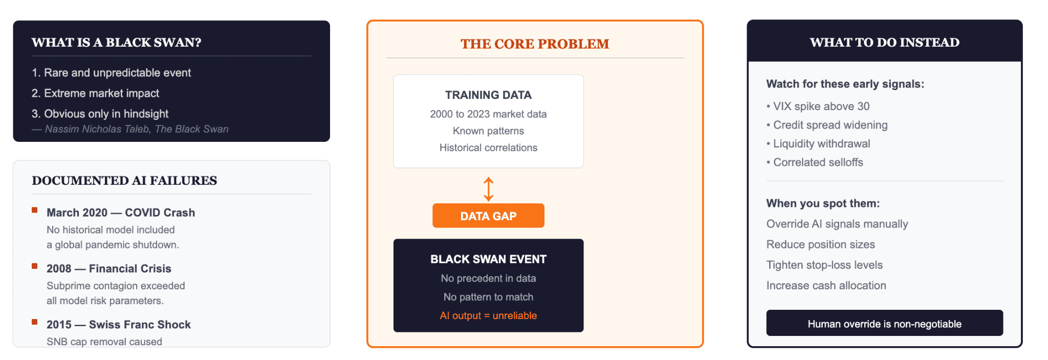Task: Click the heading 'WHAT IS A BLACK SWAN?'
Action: point(116,43)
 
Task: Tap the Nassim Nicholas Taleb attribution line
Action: point(130,129)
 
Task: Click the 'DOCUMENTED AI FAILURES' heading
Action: point(124,180)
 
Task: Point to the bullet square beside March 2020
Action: point(35,210)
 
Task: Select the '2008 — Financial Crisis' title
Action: point(109,268)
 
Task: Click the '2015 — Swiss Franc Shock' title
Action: point(119,325)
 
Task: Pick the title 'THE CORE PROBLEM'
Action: point(535,44)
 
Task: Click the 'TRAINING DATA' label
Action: point(488,95)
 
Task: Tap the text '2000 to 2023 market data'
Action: point(488,114)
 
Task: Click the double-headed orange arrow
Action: point(489,189)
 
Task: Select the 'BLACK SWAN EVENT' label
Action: point(488,259)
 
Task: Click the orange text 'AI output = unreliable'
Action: point(488,315)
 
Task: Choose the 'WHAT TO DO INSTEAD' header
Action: point(884,43)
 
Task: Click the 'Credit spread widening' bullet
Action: point(827,125)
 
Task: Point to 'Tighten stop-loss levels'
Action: point(824,265)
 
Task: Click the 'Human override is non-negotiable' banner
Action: point(884,323)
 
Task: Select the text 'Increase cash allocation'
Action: point(826,285)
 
